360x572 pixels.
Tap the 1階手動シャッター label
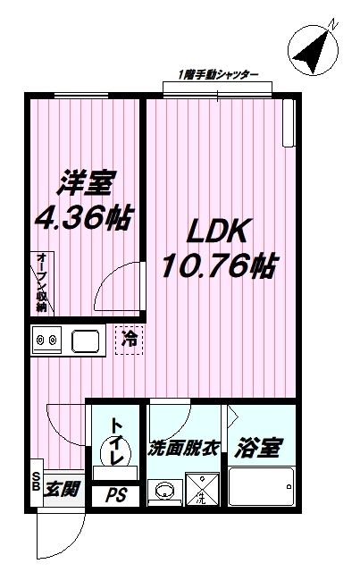(218, 74)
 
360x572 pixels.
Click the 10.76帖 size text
(217, 265)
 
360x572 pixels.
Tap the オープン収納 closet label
(42, 282)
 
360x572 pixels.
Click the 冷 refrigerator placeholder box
(130, 340)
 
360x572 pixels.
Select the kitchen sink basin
(87, 341)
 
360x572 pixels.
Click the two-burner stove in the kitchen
(46, 341)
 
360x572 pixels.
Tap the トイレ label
(116, 439)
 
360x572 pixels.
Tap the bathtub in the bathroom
(261, 489)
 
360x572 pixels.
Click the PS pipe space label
(116, 494)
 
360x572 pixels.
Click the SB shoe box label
(36, 482)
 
